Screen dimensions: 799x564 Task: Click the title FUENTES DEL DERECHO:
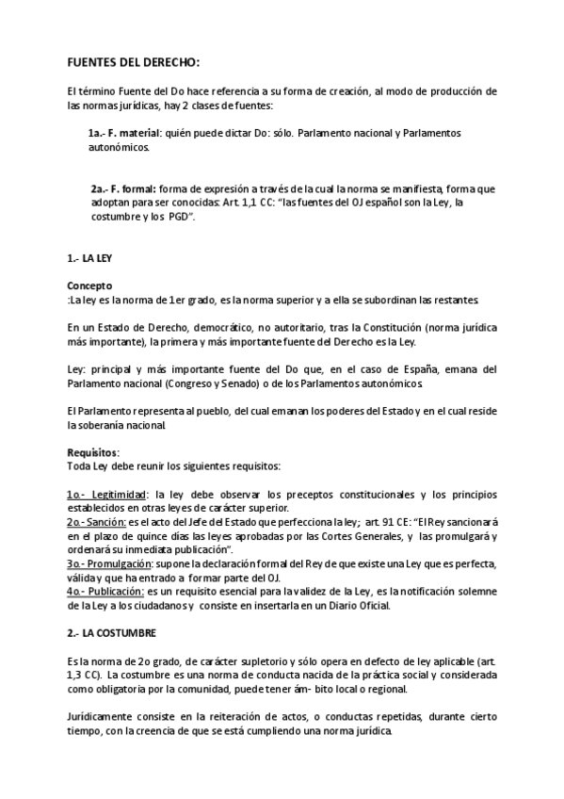(133, 63)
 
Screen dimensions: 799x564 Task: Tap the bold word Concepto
(89, 285)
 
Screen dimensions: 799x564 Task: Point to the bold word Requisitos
(92, 451)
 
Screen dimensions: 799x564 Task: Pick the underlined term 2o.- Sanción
(96, 521)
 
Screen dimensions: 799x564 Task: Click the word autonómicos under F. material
(118, 148)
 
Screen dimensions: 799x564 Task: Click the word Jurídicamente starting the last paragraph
(105, 718)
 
